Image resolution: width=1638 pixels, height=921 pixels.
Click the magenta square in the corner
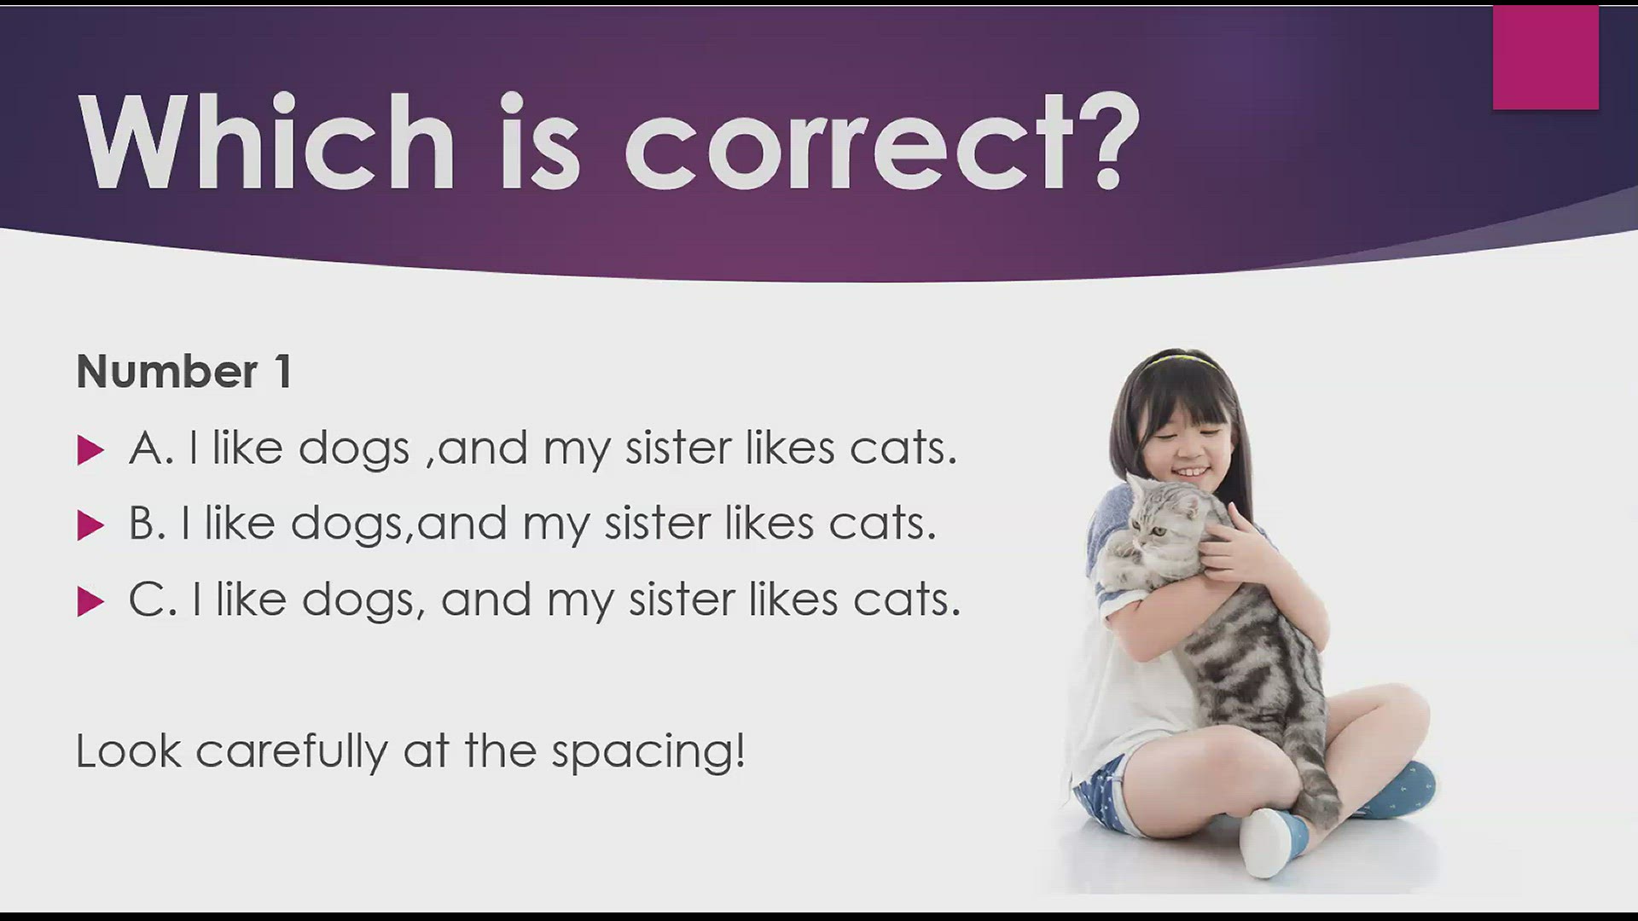1545,57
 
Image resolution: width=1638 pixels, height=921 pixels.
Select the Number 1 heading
184,372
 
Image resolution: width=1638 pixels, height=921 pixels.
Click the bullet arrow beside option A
90,449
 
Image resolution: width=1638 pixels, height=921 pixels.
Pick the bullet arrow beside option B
90,525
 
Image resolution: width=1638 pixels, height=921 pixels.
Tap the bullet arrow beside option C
90,601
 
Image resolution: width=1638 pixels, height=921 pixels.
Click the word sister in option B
657,523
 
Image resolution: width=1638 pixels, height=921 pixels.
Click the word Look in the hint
129,751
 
